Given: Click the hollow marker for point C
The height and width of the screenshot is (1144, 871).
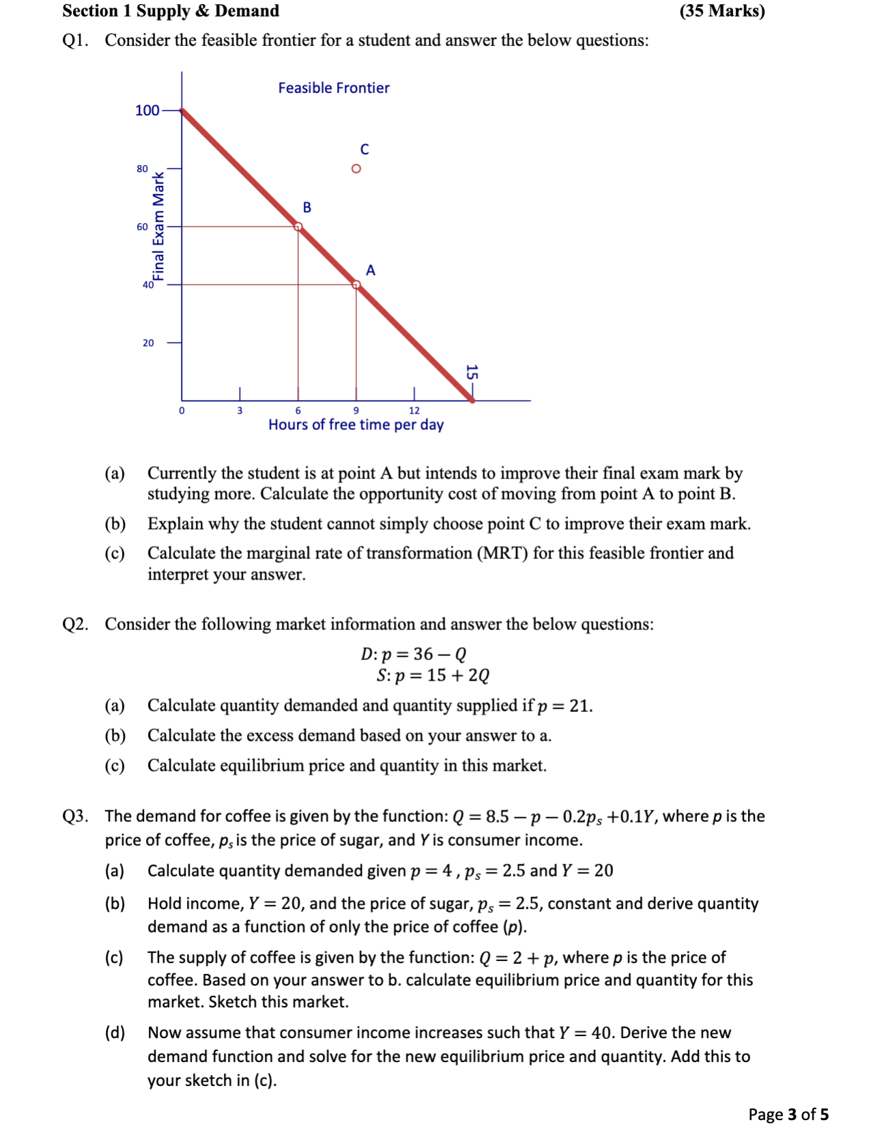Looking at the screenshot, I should [x=356, y=169].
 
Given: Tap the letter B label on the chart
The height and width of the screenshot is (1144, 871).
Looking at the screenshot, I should [x=307, y=208].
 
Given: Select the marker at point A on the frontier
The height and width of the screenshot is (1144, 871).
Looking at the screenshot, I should [x=356, y=285].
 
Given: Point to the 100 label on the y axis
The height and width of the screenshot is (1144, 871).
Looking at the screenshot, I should [x=147, y=111].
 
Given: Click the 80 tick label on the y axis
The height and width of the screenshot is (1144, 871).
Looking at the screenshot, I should [x=142, y=169].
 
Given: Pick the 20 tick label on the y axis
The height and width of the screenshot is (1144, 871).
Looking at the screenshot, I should [x=148, y=343].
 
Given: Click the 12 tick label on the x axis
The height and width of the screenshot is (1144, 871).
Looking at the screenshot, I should [x=414, y=410].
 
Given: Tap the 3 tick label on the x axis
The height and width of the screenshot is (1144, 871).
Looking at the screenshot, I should [x=240, y=410].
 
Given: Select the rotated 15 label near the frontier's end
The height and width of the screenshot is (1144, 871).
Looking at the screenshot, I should [x=471, y=373].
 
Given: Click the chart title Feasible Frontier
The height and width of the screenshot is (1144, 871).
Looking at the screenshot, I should [x=334, y=88].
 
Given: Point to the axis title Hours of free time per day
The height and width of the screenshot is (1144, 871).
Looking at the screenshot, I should [x=356, y=425].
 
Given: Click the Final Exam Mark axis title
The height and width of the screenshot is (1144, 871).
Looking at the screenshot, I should [x=158, y=227].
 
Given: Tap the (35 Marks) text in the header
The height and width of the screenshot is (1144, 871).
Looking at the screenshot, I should [x=722, y=11].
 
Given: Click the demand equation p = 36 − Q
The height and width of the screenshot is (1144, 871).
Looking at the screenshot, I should [x=414, y=654].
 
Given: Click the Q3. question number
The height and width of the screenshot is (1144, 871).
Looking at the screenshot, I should [x=75, y=816].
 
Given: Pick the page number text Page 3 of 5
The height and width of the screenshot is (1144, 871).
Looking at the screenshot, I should [x=788, y=1115].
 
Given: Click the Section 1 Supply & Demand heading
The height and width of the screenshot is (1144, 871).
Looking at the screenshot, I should [x=171, y=11].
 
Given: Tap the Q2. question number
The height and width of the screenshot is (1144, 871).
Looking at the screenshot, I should [x=75, y=625].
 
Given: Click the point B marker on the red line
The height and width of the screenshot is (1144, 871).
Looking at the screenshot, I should [x=298, y=227].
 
